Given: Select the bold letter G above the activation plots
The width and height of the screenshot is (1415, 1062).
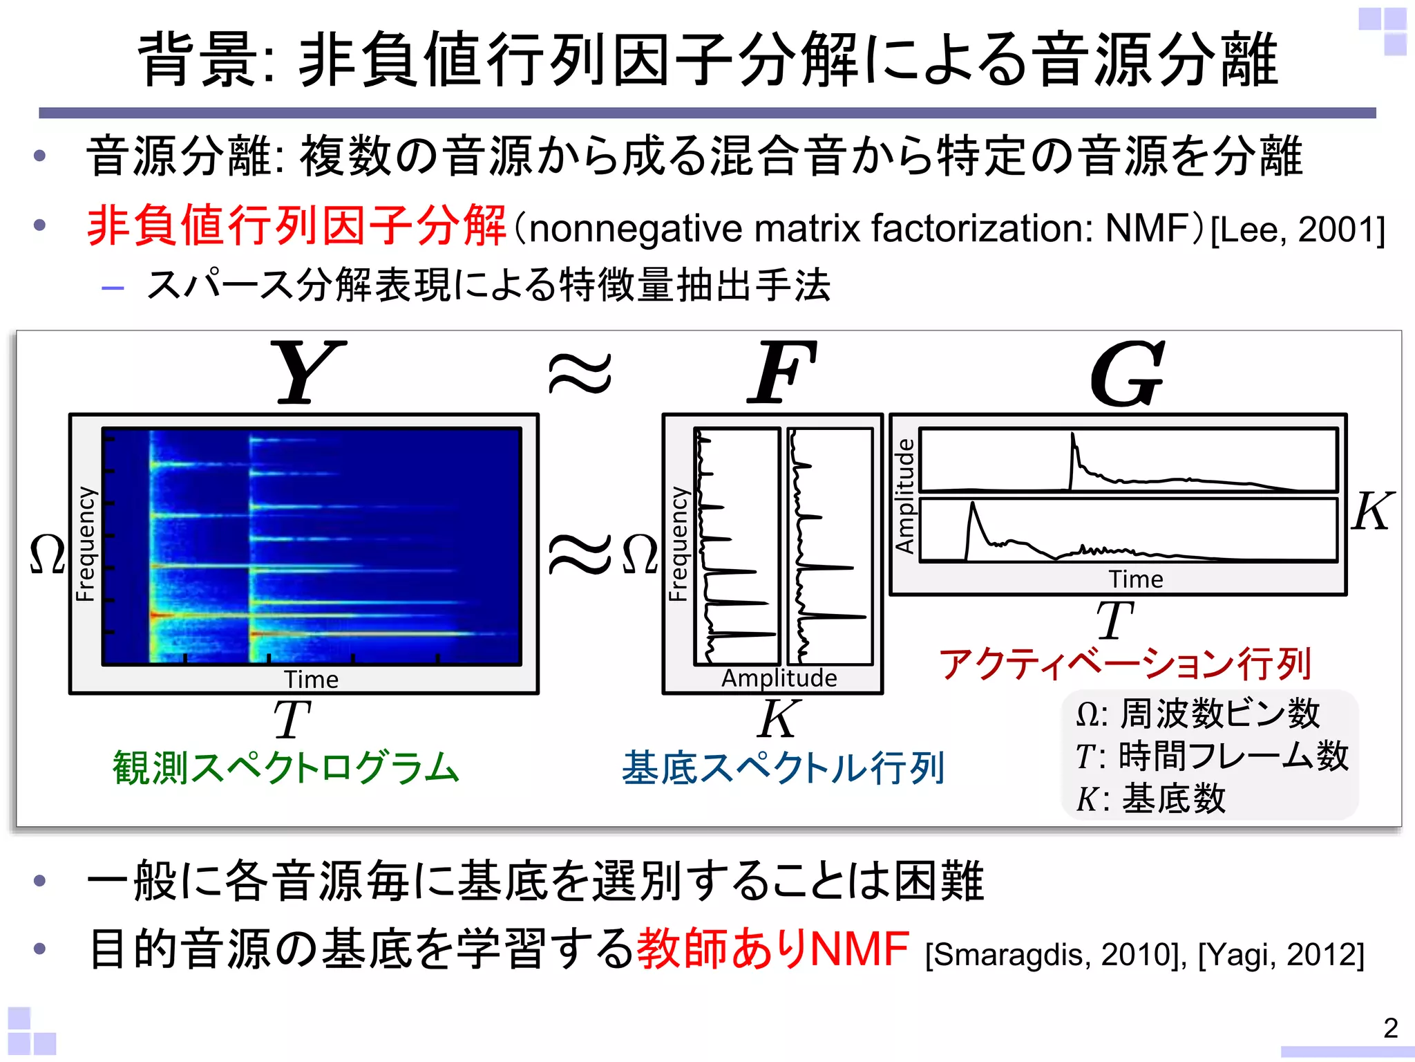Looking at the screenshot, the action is point(1127,373).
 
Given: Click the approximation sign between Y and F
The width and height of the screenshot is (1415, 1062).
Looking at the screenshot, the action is point(580,373).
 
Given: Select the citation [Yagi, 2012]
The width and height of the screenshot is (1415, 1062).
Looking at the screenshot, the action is point(1281,955).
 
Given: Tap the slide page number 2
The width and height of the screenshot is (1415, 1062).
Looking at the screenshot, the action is point(1391,1028).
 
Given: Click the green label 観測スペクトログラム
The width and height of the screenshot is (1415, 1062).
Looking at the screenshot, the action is point(286,768).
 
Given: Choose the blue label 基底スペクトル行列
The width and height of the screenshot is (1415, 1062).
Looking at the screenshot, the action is point(783,768).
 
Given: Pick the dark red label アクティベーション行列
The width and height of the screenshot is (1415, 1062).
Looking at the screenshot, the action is point(1125,664).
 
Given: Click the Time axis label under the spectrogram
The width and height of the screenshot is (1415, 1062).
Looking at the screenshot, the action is point(311,680).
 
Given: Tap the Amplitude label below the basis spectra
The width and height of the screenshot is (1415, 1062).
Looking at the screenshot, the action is point(779,678).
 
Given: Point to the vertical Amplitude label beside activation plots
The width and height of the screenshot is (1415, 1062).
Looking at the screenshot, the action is point(904,496).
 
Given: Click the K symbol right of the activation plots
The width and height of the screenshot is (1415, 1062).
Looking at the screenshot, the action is point(1371,512).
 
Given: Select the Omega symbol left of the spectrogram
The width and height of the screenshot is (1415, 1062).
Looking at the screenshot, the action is point(47,555).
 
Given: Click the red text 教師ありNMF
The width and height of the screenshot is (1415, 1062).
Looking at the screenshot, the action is point(772,949).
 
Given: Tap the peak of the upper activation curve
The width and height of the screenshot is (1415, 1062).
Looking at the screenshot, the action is point(1072,435).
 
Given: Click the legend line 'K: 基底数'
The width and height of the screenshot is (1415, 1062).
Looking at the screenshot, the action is point(1150,799).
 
